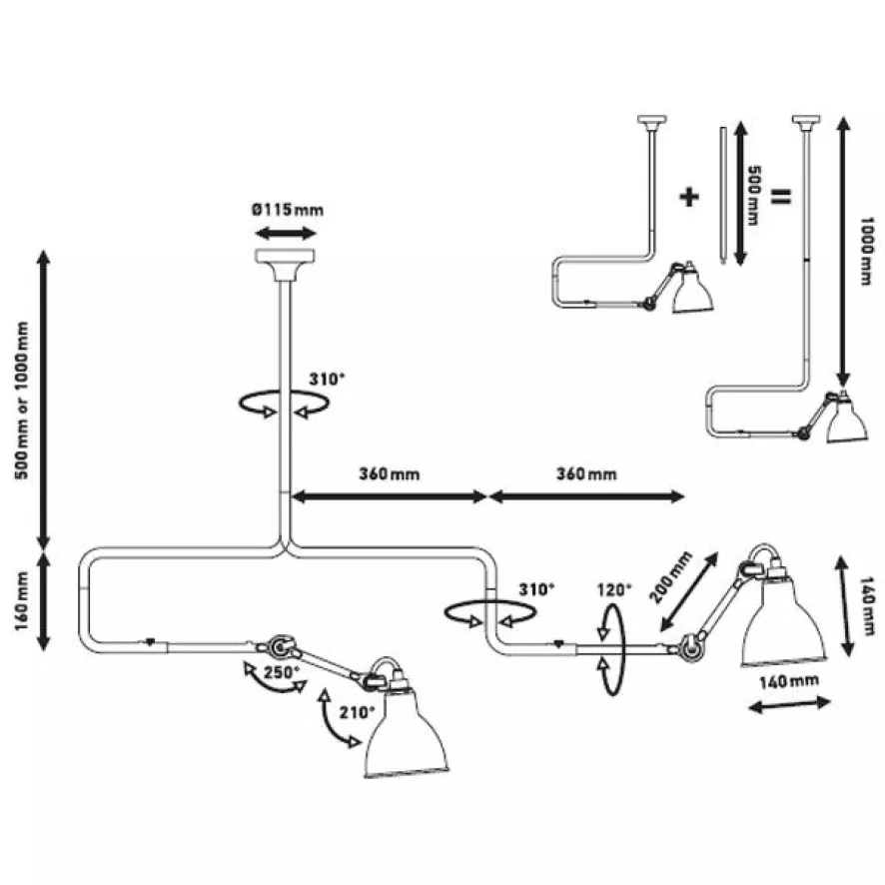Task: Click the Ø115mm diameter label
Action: click(288, 210)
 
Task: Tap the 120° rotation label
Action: click(613, 590)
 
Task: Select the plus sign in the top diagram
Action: click(689, 195)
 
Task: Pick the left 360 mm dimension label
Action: click(389, 473)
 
